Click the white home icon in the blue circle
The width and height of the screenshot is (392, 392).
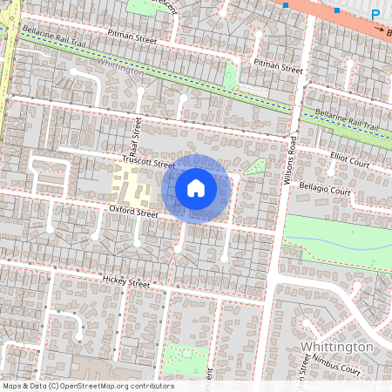(196, 188)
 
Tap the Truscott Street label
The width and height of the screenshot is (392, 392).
(149, 164)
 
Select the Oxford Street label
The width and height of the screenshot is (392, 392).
(133, 212)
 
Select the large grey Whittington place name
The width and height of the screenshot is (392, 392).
(336, 347)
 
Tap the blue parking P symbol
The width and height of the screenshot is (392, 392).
(375, 14)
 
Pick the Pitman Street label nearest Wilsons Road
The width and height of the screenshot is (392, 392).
(278, 68)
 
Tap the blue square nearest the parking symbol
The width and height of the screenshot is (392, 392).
(336, 10)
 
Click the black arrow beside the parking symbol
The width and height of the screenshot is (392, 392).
(380, 28)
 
